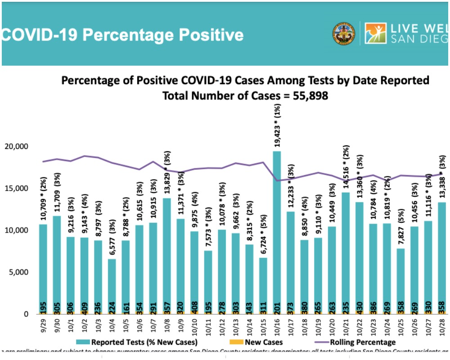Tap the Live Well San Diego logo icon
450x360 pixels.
coord(375,34)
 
